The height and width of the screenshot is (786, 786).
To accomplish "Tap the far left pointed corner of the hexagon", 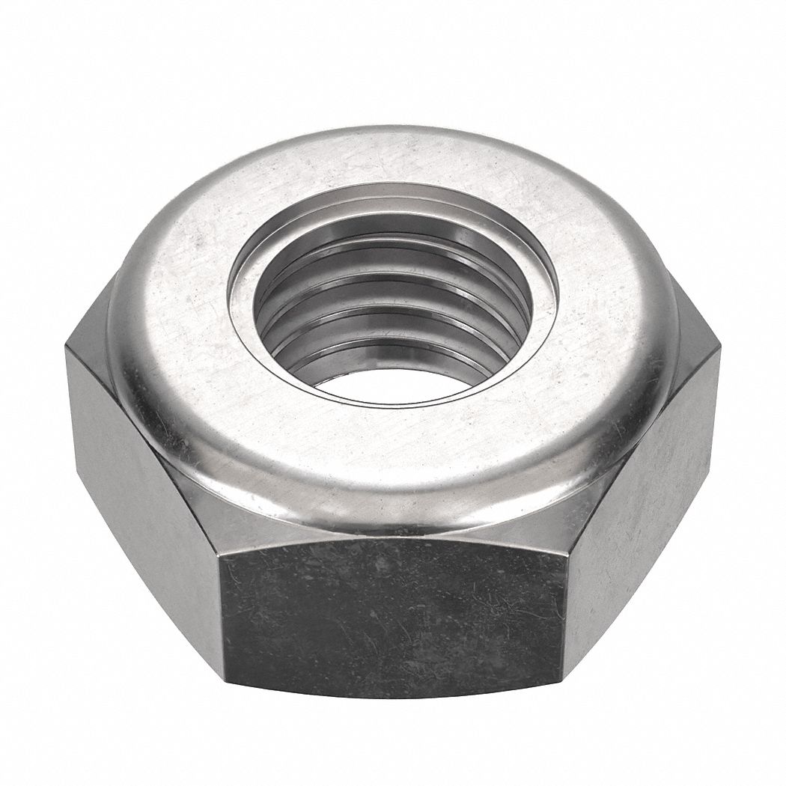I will point(66,346).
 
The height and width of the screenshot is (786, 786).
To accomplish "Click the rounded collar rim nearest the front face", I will point(393,498).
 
